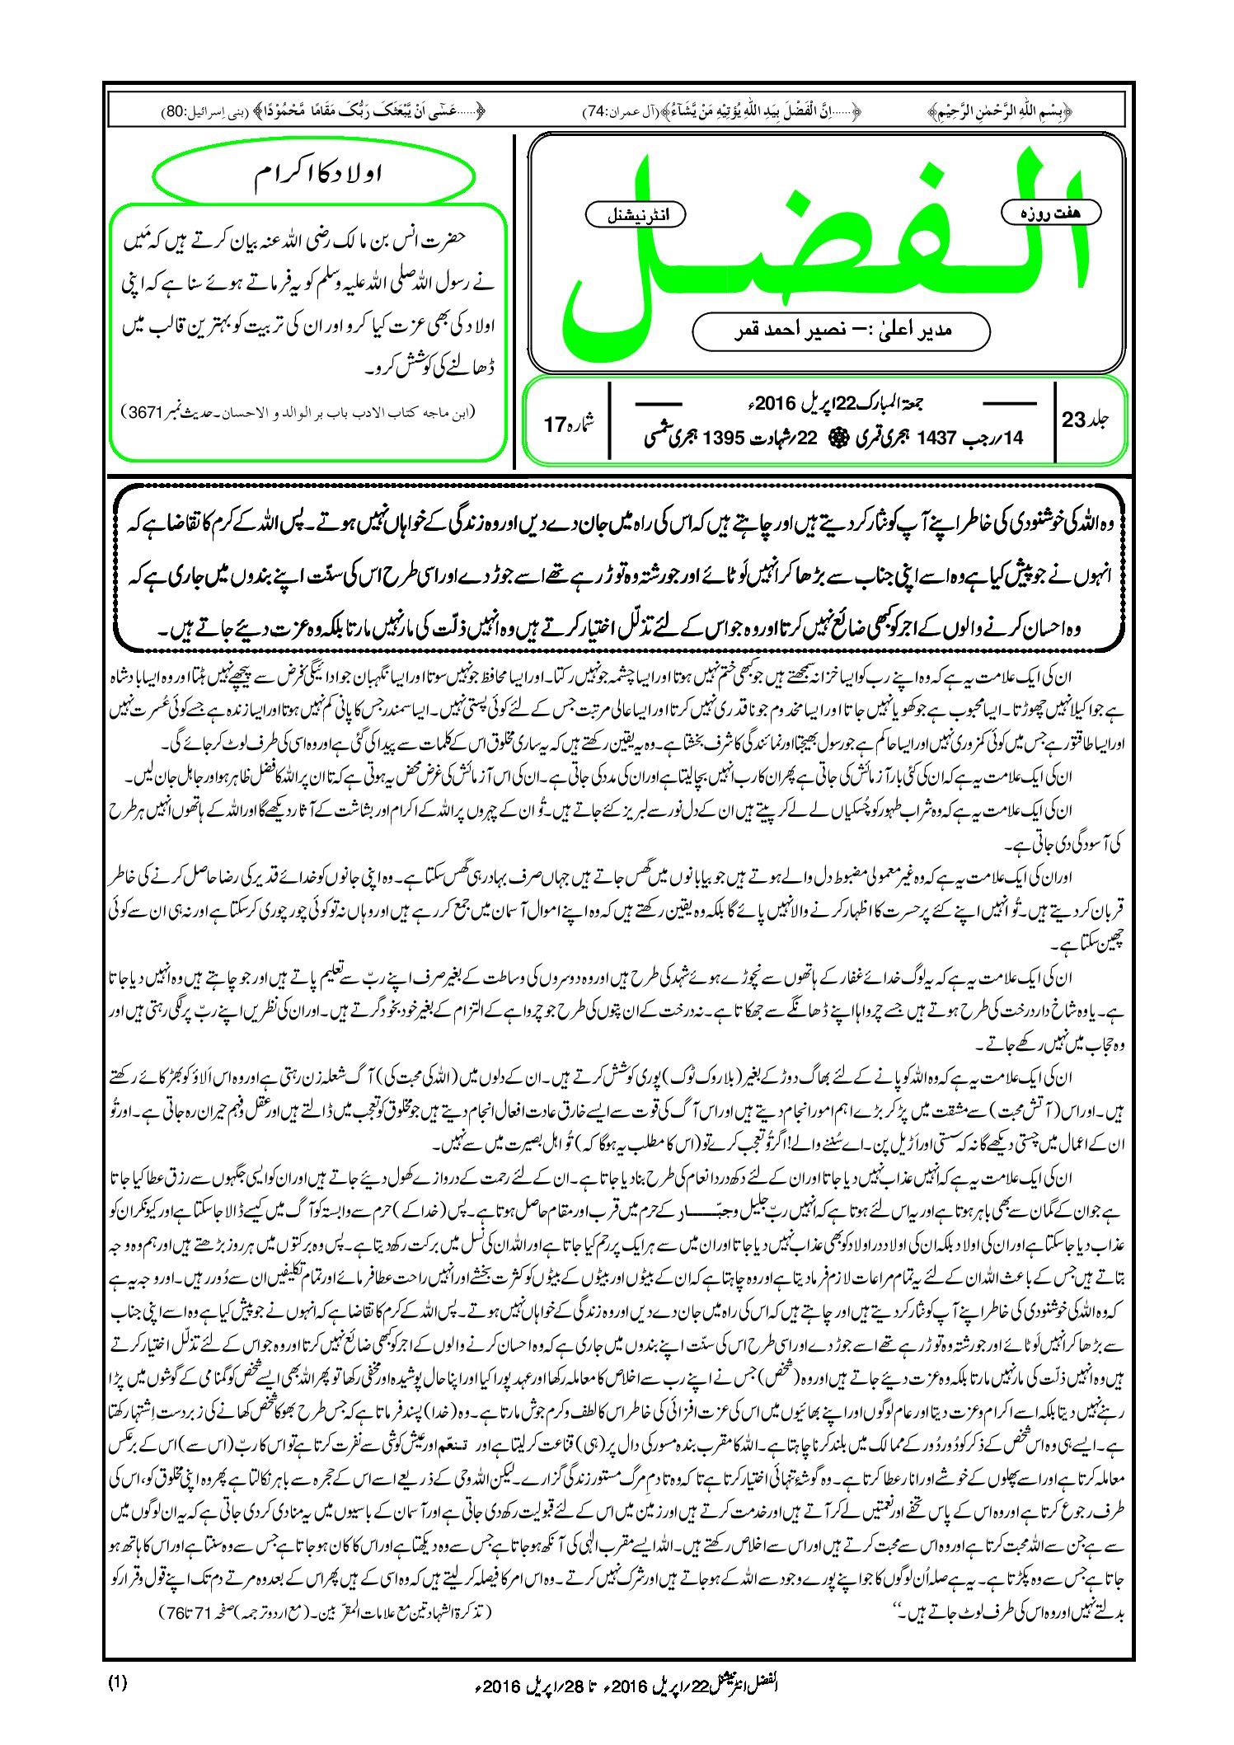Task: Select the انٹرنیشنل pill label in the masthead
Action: click(x=635, y=214)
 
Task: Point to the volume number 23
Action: click(x=1073, y=420)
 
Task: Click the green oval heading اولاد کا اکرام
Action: click(x=314, y=176)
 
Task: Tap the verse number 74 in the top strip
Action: click(x=594, y=110)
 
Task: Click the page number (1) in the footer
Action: click(x=118, y=1682)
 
